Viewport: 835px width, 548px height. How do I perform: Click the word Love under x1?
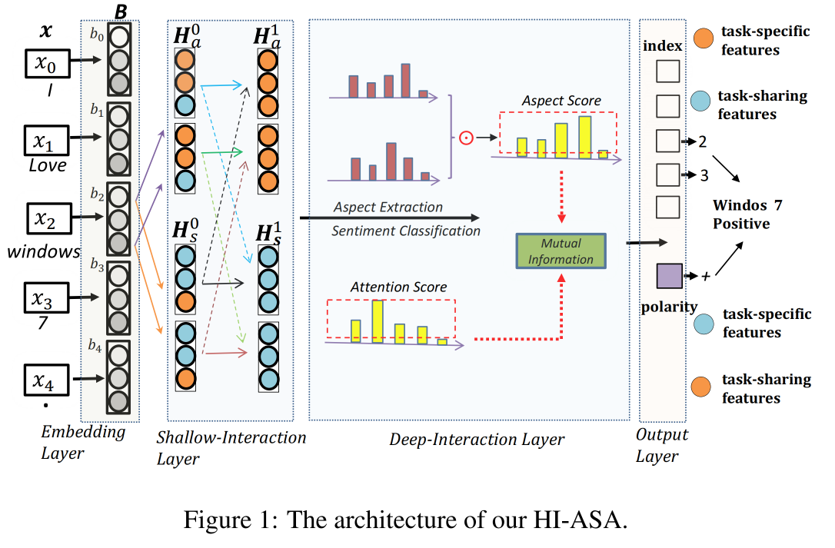48,165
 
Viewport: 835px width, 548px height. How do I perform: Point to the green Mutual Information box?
561,251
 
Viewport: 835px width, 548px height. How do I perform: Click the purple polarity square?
667,275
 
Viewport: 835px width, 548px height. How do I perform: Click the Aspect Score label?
561,101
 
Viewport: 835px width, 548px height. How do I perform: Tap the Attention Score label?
398,287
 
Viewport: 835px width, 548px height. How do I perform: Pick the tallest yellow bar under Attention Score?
377,320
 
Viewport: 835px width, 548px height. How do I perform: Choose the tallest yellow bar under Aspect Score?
584,136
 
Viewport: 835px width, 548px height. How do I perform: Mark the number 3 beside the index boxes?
704,176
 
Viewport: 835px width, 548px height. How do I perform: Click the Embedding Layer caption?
72,442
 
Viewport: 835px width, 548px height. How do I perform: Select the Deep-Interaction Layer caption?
477,440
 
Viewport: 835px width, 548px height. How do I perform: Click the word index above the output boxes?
662,45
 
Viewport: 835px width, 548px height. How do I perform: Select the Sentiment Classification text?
406,231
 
